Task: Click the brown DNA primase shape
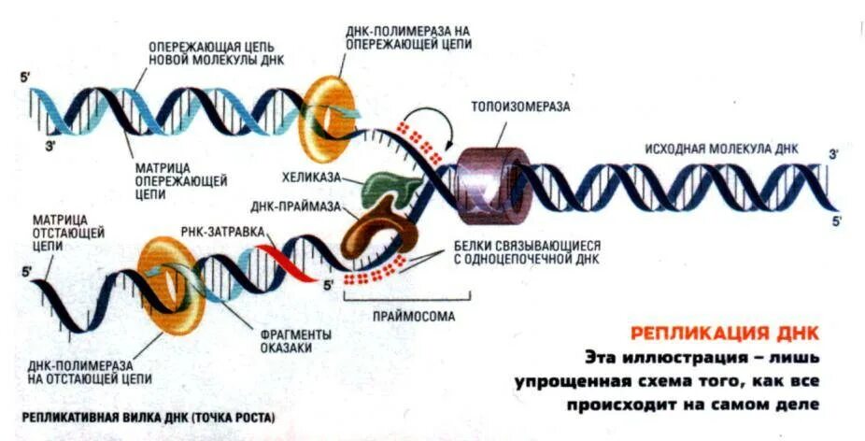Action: [373, 233]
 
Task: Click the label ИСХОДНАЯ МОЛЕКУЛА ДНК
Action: [713, 149]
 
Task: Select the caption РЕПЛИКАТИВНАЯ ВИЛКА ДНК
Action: [148, 417]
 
